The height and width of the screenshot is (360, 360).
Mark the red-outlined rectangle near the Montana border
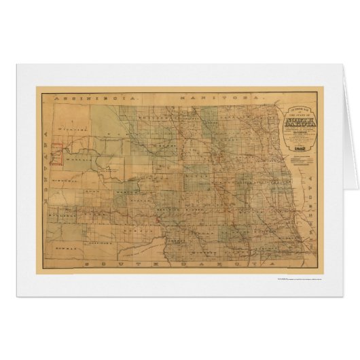(x=57, y=154)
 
